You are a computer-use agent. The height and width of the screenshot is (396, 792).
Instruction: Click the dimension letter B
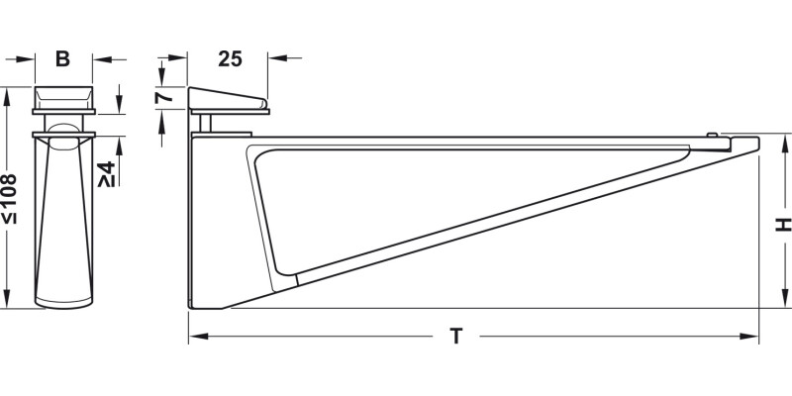[62, 59]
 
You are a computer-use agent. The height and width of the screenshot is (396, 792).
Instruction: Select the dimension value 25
[230, 59]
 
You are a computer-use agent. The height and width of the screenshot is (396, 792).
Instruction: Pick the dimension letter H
[781, 226]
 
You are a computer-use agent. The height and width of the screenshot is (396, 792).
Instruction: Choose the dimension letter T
[456, 338]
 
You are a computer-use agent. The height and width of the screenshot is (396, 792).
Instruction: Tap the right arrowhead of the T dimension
[751, 338]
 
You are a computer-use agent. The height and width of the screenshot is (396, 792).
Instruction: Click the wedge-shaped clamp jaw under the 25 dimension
[227, 100]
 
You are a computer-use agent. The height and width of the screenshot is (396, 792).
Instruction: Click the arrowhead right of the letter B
[101, 59]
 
